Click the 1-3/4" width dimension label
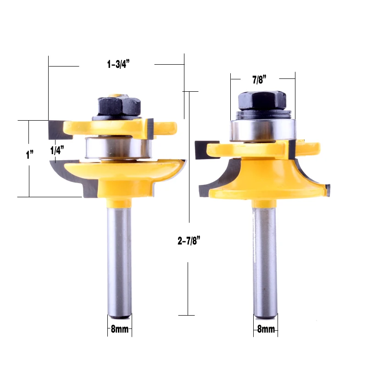[118, 64]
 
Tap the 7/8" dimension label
[259, 79]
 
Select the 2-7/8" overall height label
[189, 240]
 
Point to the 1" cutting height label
[29, 155]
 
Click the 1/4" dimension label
[57, 150]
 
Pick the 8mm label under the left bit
[120, 329]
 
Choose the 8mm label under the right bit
[266, 329]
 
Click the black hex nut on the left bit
[119, 106]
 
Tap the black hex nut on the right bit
[262, 100]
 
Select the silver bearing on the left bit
[118, 148]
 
